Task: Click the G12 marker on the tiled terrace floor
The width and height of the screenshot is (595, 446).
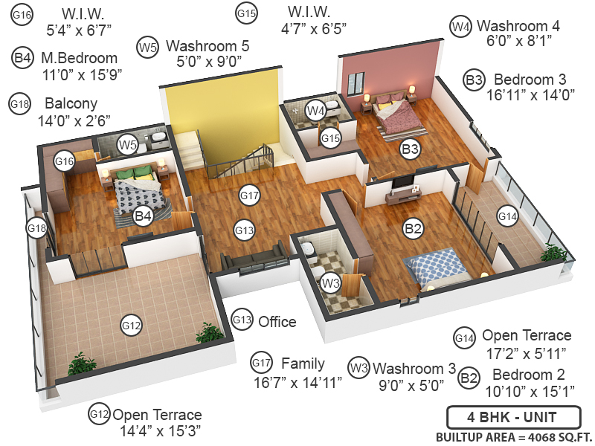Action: click(131, 325)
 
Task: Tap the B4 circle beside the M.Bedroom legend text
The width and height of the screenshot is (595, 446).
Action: click(22, 58)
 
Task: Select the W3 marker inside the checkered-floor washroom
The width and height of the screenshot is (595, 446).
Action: click(331, 282)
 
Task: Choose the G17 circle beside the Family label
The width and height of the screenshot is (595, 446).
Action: click(260, 363)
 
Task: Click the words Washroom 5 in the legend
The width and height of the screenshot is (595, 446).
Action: click(208, 46)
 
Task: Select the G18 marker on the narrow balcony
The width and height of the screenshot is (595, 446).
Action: click(36, 226)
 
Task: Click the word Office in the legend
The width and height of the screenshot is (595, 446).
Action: click(277, 322)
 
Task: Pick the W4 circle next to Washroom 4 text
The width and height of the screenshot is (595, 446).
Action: click(460, 27)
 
